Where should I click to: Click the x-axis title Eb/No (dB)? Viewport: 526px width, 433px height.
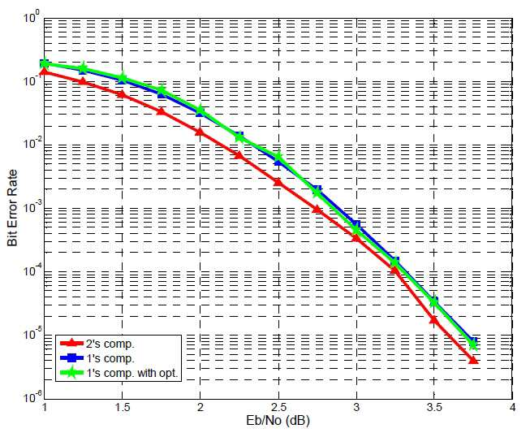click(278, 420)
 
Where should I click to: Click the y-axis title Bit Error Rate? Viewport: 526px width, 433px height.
click(12, 208)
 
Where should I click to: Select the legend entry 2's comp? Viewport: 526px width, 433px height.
click(110, 344)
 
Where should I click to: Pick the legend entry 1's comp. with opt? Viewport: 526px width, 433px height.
click(132, 373)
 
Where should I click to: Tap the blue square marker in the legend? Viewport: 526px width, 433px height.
click(71, 358)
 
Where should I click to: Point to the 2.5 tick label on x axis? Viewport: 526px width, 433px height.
click(278, 408)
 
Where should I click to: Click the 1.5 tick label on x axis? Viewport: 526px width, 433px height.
click(122, 408)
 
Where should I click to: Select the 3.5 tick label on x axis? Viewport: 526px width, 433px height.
click(434, 408)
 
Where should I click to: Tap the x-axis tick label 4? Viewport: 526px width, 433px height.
click(512, 408)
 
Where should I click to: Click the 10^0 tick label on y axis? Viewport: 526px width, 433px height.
click(32, 16)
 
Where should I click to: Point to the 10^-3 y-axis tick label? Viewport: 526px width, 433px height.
click(32, 207)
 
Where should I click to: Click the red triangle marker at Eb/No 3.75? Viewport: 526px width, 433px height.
click(473, 360)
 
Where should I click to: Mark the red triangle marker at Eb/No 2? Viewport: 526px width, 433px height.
click(200, 132)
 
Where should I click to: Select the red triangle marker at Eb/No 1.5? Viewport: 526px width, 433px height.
click(122, 94)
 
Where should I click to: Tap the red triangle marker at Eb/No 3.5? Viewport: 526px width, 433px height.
click(434, 319)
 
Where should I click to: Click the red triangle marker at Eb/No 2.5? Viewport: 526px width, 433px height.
click(278, 182)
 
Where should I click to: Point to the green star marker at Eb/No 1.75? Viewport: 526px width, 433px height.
click(162, 90)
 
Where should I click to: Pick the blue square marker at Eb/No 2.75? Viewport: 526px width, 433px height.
click(317, 189)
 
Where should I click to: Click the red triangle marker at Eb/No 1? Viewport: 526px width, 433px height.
click(44, 71)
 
